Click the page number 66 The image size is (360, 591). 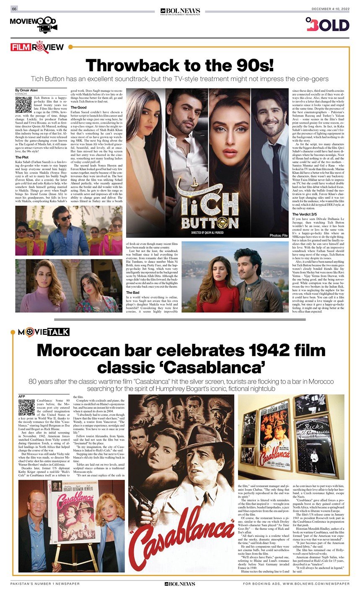[x=14, y=9]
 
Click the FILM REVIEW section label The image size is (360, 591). [x=37, y=47]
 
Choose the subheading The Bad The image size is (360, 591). [x=133, y=292]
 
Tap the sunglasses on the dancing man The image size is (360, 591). [x=65, y=218]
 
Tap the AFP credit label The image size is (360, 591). [x=22, y=396]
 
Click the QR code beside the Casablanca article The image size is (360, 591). [x=26, y=408]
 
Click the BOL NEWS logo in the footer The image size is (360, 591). [x=179, y=583]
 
